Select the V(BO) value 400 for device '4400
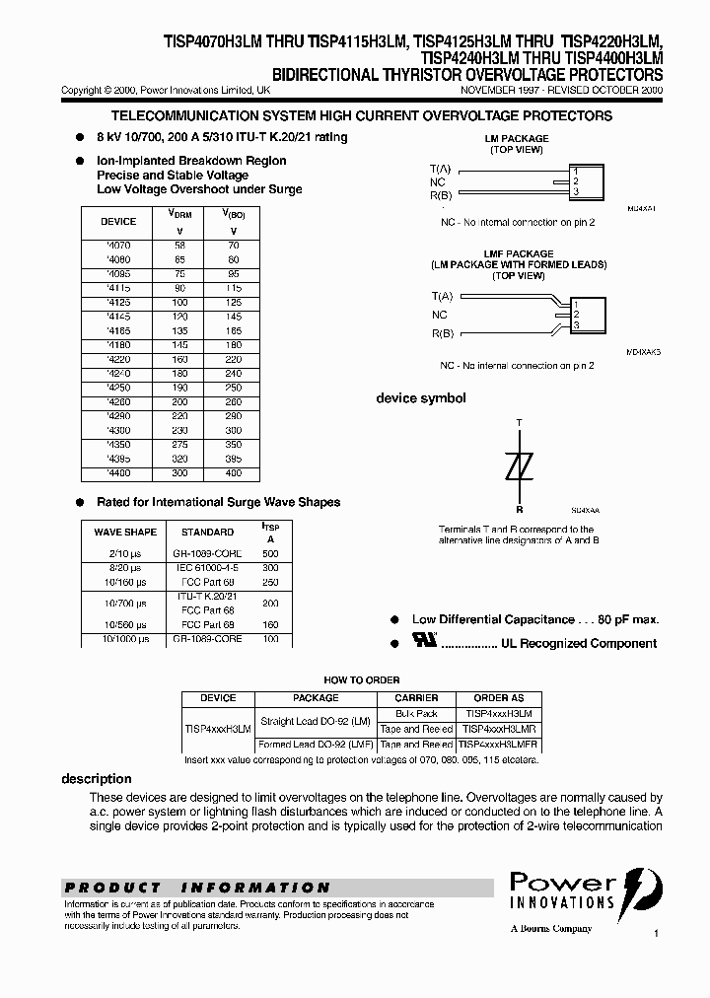[x=233, y=474]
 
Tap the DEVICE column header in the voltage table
[x=119, y=222]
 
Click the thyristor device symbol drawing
[x=520, y=465]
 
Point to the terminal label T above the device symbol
[x=520, y=422]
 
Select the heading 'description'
[x=97, y=779]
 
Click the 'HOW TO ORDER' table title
[x=362, y=679]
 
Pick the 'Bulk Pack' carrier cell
[x=416, y=712]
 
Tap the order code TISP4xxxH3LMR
[x=499, y=728]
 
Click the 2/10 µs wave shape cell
[x=125, y=554]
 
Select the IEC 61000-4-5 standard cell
[x=207, y=569]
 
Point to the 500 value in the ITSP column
[x=270, y=554]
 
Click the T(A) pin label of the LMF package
[x=442, y=296]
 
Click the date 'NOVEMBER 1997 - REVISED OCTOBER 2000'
[x=562, y=90]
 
